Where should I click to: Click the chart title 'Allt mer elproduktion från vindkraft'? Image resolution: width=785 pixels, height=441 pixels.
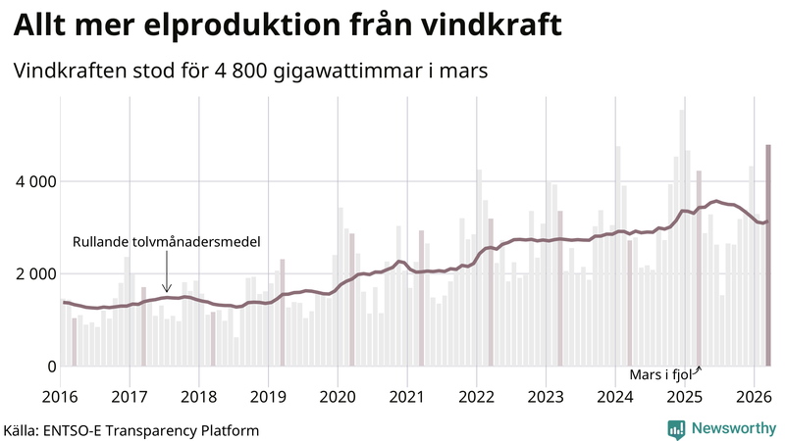(288, 26)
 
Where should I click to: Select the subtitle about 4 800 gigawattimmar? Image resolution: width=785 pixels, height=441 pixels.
(250, 72)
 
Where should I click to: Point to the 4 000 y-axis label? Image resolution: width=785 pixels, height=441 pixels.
(35, 181)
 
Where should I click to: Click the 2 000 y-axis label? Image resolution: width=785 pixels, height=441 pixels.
(35, 273)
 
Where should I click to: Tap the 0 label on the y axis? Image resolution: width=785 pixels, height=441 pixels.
(51, 367)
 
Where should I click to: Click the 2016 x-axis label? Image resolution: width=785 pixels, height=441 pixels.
(61, 397)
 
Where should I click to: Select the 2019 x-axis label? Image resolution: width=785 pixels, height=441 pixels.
(268, 397)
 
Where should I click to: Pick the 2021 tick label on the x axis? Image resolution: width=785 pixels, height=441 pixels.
(406, 397)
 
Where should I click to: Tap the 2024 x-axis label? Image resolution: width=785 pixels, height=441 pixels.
(614, 397)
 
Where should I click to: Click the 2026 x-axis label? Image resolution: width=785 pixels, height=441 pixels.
(753, 397)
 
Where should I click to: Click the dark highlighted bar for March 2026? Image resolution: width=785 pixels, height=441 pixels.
(768, 255)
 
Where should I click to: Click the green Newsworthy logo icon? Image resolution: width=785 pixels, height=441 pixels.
(676, 428)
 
